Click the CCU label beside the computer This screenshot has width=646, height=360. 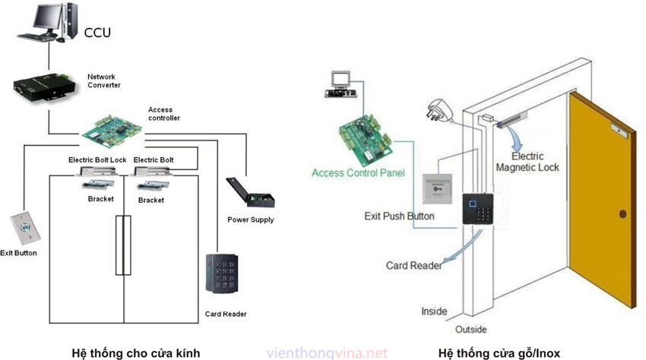98,33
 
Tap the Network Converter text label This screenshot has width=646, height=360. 104,81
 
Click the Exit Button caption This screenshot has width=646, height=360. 18,253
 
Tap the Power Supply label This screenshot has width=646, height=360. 250,220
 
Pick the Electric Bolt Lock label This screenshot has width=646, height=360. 97,160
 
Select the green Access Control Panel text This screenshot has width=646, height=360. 358,173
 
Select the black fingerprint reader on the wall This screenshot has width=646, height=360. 475,208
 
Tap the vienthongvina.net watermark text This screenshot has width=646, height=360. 328,353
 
